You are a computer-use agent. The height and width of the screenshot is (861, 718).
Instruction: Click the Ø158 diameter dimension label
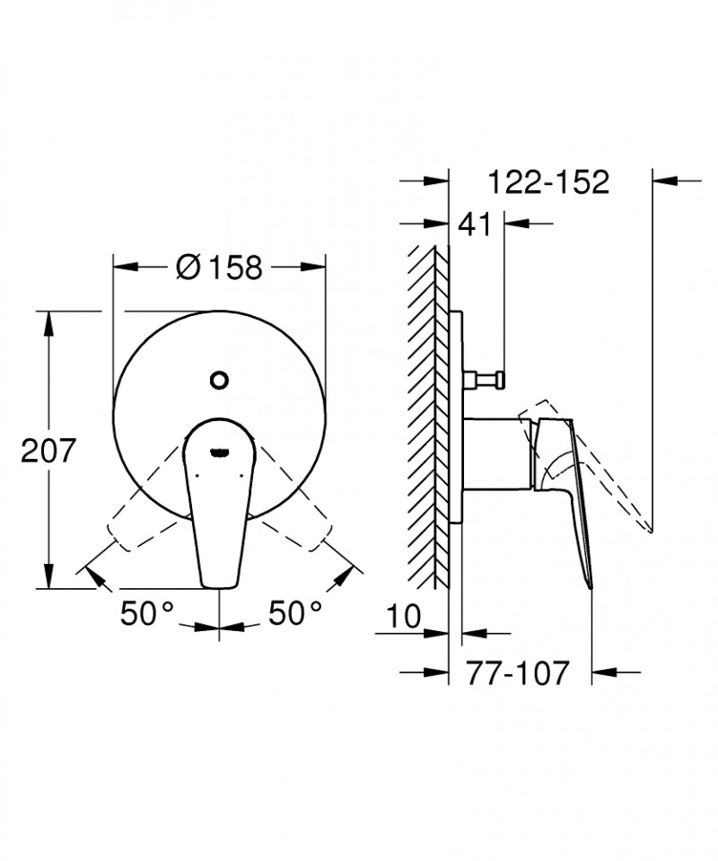point(220,268)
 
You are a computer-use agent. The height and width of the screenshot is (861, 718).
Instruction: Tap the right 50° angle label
point(295,615)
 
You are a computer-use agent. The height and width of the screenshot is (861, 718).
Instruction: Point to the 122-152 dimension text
point(549,182)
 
